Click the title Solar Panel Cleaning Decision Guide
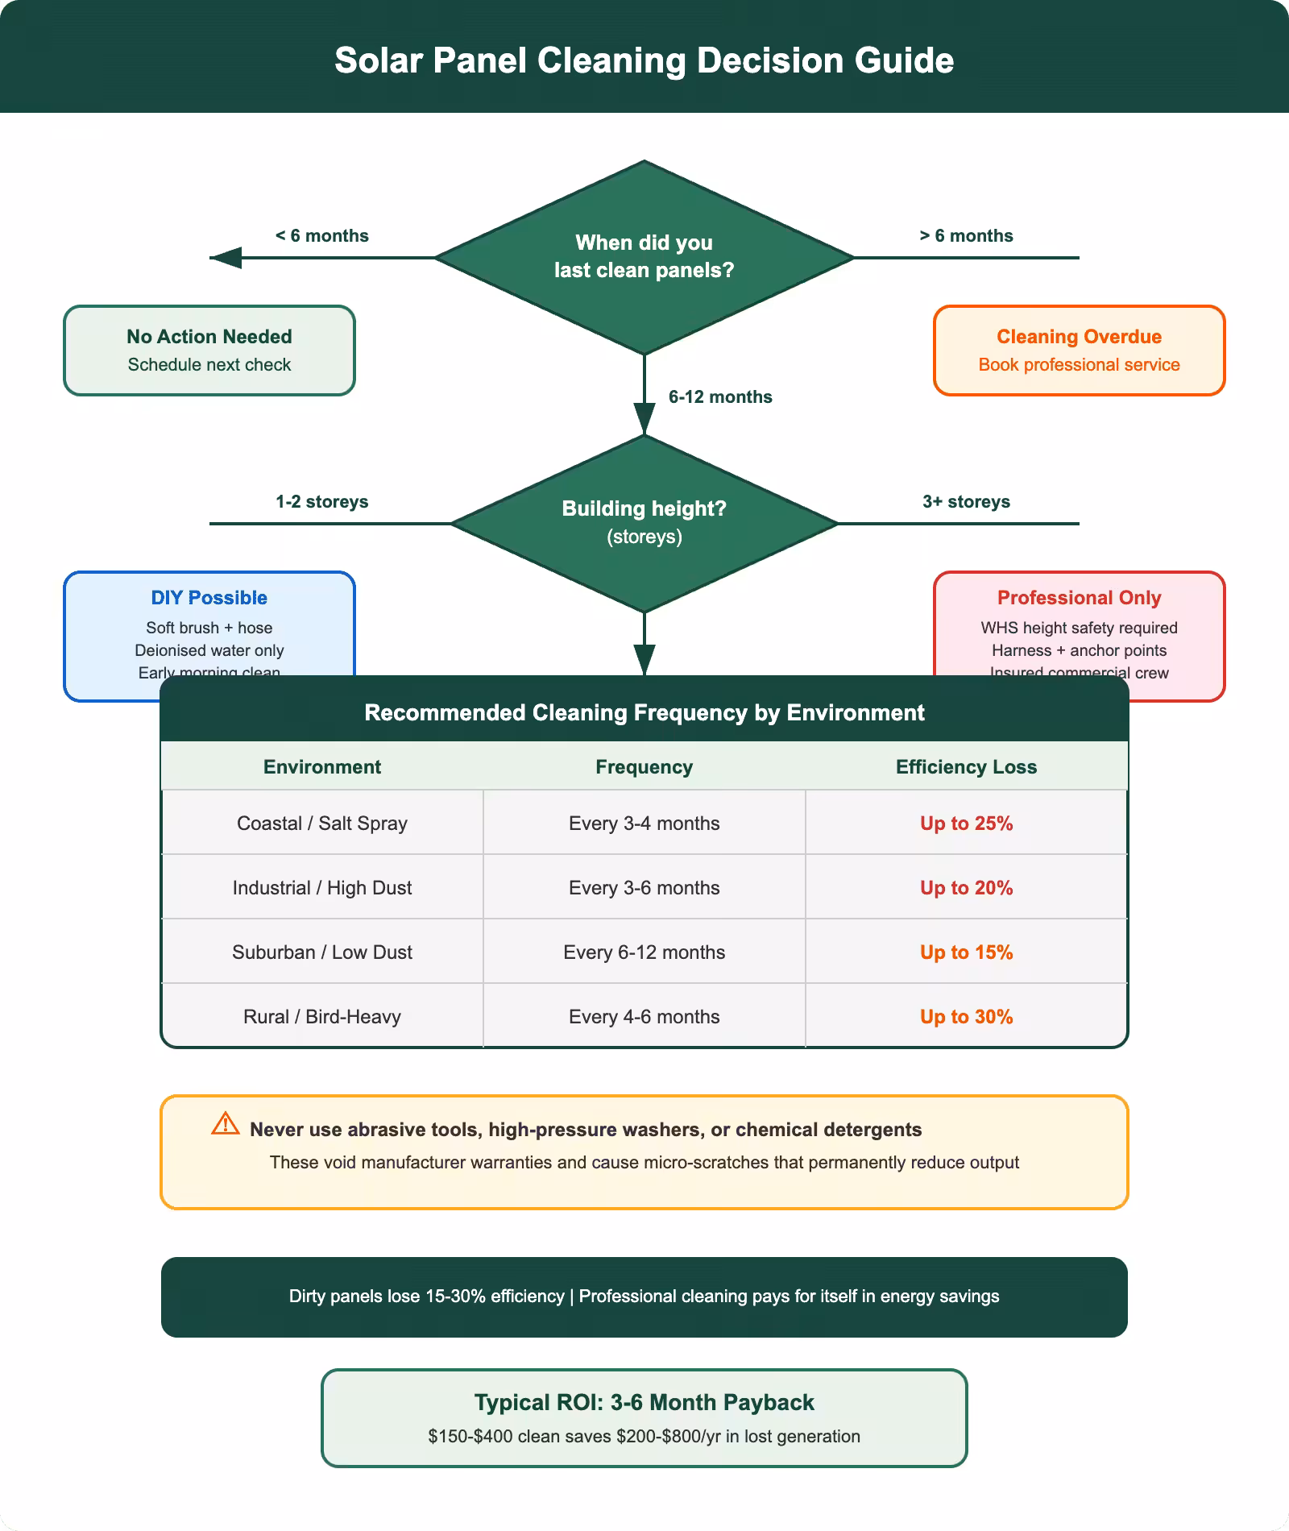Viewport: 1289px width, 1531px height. pyautogui.click(x=644, y=60)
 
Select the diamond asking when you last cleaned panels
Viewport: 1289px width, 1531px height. pyautogui.click(x=644, y=256)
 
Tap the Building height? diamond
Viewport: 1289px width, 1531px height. pyautogui.click(x=644, y=522)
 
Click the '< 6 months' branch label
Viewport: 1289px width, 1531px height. pyautogui.click(x=321, y=236)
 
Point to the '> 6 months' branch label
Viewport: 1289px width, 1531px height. pyautogui.click(x=966, y=236)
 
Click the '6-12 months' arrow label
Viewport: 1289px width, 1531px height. pyautogui.click(x=719, y=397)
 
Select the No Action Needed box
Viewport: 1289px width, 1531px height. pyautogui.click(x=209, y=350)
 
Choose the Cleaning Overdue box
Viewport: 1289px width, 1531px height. pyautogui.click(x=1079, y=350)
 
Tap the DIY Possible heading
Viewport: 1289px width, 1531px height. pyautogui.click(x=209, y=598)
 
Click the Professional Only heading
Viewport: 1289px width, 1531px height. pyautogui.click(x=1079, y=598)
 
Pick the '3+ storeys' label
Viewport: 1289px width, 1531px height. pyautogui.click(x=966, y=502)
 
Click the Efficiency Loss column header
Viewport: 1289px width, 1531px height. pyautogui.click(x=966, y=767)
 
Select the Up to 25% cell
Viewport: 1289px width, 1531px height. pyautogui.click(x=966, y=824)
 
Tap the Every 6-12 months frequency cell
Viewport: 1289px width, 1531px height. pyautogui.click(x=644, y=952)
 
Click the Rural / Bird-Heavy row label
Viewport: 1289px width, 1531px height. pyautogui.click(x=321, y=1017)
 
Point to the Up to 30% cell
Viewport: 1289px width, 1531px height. pyautogui.click(x=966, y=1017)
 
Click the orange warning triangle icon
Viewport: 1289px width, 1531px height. pyautogui.click(x=226, y=1124)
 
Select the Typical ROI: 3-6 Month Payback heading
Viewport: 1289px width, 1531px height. pyautogui.click(x=644, y=1403)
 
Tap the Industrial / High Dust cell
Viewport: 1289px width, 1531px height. pyautogui.click(x=321, y=888)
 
